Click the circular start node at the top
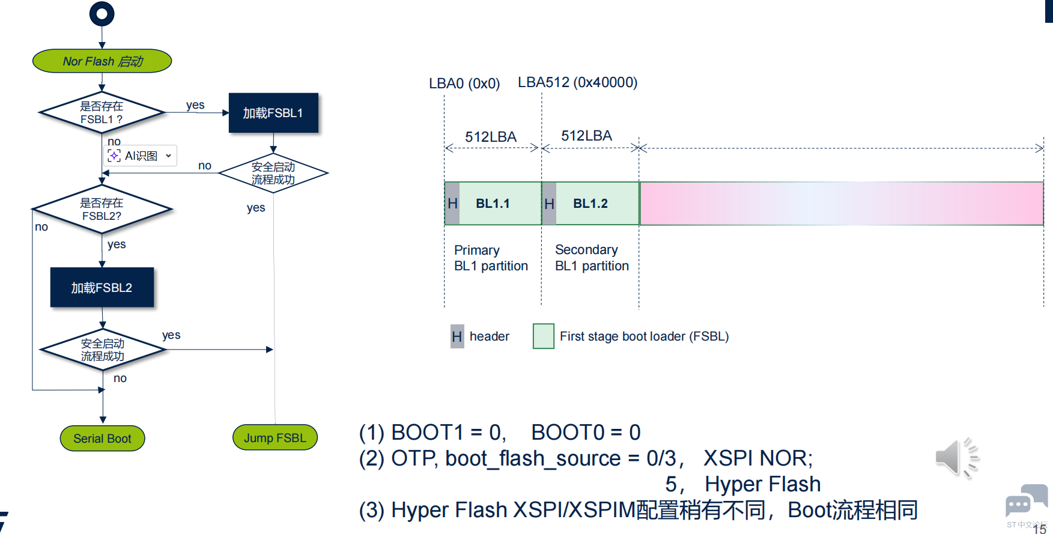click(x=102, y=14)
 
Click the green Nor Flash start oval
click(x=102, y=61)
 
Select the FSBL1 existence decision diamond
click(x=102, y=112)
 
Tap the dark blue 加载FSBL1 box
click(x=273, y=113)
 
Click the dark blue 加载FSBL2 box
click(x=102, y=288)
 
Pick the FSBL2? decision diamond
click(x=102, y=209)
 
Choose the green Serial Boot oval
click(x=102, y=438)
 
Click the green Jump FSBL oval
click(x=275, y=438)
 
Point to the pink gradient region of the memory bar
click(x=841, y=204)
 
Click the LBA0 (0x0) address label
click(x=464, y=83)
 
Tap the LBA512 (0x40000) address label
click(x=577, y=82)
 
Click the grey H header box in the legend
click(x=457, y=336)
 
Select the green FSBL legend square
click(x=543, y=336)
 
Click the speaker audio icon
click(x=956, y=458)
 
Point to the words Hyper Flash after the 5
click(x=762, y=484)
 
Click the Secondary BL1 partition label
click(x=592, y=258)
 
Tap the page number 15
click(x=1039, y=529)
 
